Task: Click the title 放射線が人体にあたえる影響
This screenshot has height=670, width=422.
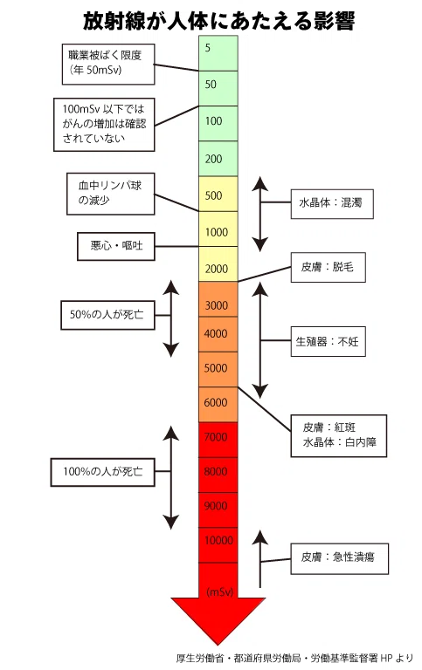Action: (x=218, y=21)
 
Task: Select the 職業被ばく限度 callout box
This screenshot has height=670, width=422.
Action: (x=108, y=64)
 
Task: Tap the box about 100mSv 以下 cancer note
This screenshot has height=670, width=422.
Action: (x=104, y=125)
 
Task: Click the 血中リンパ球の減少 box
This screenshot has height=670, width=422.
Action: (x=110, y=194)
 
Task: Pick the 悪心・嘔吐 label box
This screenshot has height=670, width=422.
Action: (x=116, y=246)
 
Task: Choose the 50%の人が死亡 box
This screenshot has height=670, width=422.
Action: (x=107, y=315)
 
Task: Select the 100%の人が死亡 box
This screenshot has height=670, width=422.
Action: (x=103, y=472)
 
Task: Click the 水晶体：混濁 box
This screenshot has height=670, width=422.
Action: (x=332, y=204)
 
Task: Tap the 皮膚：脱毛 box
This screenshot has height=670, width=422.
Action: (x=329, y=268)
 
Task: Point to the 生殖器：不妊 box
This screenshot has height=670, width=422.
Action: (x=329, y=341)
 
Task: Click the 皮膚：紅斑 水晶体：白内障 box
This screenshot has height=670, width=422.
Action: (x=339, y=435)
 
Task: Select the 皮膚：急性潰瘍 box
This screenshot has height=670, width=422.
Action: (x=340, y=558)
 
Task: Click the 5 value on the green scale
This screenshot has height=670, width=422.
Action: (x=208, y=48)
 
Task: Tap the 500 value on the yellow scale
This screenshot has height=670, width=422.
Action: (x=213, y=195)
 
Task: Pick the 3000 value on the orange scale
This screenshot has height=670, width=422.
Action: (x=216, y=305)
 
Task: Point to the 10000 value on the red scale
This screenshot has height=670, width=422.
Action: (x=218, y=541)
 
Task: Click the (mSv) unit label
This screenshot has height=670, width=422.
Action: (x=220, y=592)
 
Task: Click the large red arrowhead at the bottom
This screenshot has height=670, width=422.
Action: (x=218, y=620)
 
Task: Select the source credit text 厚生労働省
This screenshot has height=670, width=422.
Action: (x=200, y=659)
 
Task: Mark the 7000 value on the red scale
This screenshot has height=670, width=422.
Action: (x=216, y=437)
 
